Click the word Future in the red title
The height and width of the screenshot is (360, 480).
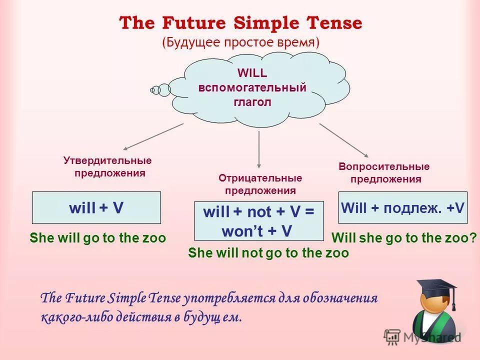[193, 23]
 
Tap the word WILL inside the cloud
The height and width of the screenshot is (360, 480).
[252, 73]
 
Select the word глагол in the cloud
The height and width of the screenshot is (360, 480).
[252, 102]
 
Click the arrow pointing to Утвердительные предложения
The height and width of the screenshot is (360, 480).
[153, 136]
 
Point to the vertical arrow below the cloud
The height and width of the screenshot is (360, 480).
[259, 149]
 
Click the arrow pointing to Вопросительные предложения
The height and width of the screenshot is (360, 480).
[344, 140]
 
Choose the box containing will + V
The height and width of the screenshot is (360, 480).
[96, 208]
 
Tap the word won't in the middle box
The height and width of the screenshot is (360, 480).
[242, 231]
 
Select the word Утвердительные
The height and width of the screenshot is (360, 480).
[107, 160]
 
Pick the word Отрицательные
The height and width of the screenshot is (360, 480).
[260, 178]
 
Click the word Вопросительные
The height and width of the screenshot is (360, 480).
[384, 166]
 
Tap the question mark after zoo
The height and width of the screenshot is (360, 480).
[472, 237]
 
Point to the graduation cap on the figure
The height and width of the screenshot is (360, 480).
[438, 290]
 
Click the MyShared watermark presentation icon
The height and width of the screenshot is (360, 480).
[392, 336]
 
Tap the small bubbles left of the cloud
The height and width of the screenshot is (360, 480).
[160, 90]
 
